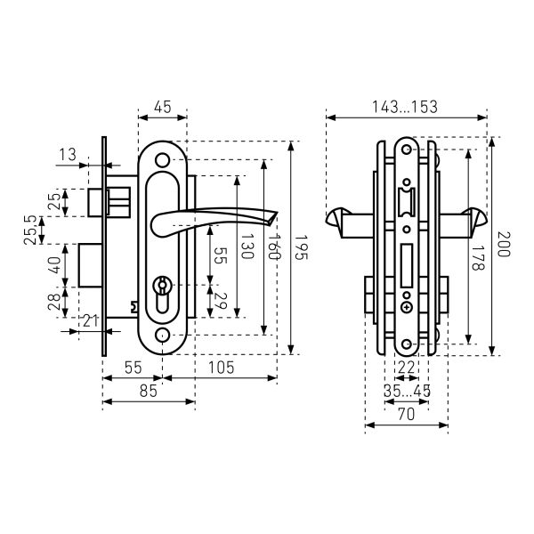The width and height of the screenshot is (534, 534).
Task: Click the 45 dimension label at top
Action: (x=163, y=108)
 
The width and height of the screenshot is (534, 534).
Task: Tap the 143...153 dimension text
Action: (x=405, y=107)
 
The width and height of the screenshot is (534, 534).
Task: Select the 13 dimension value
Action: (x=68, y=155)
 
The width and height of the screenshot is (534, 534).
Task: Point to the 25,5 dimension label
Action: (x=30, y=230)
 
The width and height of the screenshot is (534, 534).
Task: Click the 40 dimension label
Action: (x=54, y=265)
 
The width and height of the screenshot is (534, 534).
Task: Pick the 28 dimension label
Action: (x=54, y=302)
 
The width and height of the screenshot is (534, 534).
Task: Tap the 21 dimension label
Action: (x=91, y=320)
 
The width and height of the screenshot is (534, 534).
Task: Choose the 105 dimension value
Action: (x=222, y=368)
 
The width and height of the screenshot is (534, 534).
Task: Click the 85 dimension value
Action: (x=149, y=392)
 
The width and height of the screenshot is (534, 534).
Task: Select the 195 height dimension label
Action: (x=301, y=247)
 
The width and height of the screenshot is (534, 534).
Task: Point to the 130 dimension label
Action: (x=247, y=247)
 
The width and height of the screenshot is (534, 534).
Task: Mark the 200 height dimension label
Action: (x=504, y=244)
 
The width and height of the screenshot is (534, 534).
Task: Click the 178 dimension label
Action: (x=478, y=258)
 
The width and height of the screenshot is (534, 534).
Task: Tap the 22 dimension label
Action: (x=407, y=368)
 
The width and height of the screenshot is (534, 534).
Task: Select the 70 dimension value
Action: (x=407, y=415)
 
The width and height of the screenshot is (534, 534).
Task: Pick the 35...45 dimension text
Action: (x=407, y=391)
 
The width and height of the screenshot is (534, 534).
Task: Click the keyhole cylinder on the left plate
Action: (x=163, y=294)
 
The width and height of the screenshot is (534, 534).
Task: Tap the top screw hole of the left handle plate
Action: (x=163, y=160)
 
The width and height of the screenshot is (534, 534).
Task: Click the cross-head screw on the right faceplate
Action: (x=407, y=308)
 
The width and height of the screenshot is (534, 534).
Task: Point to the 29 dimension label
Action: (x=221, y=302)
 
